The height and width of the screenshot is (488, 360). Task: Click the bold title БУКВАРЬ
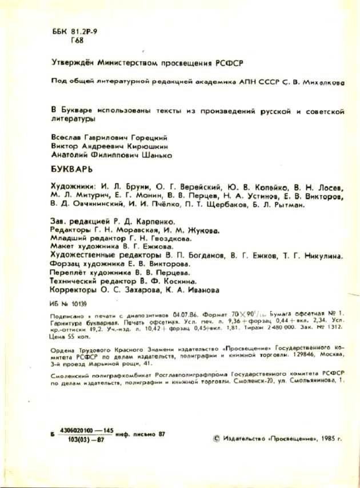(x=67, y=170)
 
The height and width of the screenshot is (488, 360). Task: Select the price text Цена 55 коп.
(x=61, y=338)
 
